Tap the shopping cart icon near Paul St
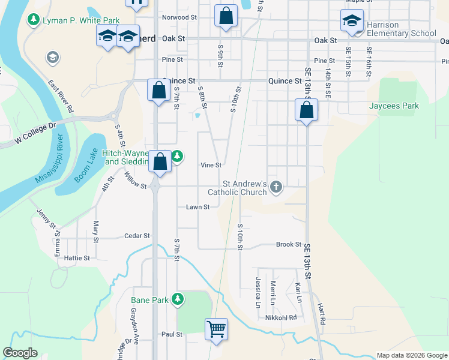pyautogui.click(x=216, y=329)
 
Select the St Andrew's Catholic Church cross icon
pyautogui.click(x=276, y=187)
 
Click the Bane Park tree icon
pyautogui.click(x=177, y=299)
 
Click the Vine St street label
pyautogui.click(x=211, y=165)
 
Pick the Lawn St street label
pyautogui.click(x=197, y=207)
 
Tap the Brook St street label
pyautogui.click(x=288, y=244)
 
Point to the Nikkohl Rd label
pyautogui.click(x=281, y=317)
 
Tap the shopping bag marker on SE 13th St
pyautogui.click(x=306, y=110)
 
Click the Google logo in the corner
pyautogui.click(x=20, y=353)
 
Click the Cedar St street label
pyautogui.click(x=136, y=236)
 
